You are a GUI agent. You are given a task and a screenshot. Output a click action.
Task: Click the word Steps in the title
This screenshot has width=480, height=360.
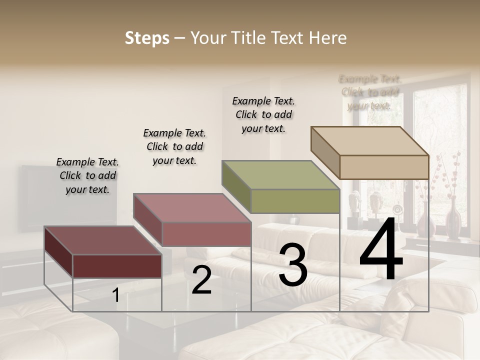coord(147,38)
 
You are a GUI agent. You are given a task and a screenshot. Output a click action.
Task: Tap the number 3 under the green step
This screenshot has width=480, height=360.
coord(292,265)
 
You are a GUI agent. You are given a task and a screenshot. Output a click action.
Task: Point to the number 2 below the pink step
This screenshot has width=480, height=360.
coord(201,280)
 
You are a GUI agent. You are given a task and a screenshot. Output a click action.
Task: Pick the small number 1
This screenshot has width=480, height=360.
coord(116,295)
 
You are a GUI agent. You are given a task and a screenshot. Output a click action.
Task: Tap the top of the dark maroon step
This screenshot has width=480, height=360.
coord(102,240)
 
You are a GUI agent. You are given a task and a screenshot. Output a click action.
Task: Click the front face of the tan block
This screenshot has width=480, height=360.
coord(384,167)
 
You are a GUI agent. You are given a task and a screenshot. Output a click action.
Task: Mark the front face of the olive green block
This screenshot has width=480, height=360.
coord(295,201)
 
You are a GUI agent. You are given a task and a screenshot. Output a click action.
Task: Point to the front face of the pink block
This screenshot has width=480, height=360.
coord(206,234)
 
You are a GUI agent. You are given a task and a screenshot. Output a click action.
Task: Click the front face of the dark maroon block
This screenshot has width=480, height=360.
coord(117,266)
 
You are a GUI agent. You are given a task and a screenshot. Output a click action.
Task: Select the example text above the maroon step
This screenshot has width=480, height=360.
coord(87,175)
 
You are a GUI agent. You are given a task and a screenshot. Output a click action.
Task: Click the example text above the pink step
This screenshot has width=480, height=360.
coord(174,146)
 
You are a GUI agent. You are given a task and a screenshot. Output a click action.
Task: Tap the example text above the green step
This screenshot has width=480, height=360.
coord(263,114)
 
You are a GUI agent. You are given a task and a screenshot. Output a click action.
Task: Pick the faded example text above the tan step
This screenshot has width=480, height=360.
coord(370,92)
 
